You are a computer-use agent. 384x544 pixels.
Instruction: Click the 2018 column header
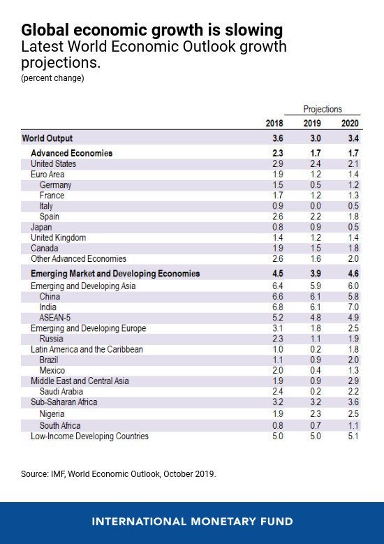[274, 124]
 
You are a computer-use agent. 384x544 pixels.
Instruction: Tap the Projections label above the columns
[323, 110]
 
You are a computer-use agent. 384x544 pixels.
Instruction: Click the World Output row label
[47, 138]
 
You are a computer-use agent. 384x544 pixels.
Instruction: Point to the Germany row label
[55, 185]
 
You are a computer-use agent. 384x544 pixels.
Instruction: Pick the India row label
[48, 307]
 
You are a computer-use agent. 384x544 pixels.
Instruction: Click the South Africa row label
[59, 425]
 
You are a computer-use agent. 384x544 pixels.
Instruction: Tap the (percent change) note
[52, 78]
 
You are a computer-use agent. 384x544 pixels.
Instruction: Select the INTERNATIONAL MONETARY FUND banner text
[192, 522]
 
